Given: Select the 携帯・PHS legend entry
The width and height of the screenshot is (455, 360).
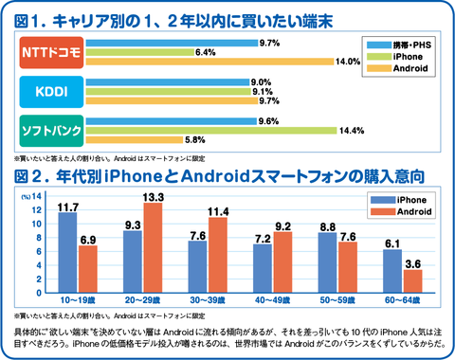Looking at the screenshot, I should (x=399, y=45).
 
